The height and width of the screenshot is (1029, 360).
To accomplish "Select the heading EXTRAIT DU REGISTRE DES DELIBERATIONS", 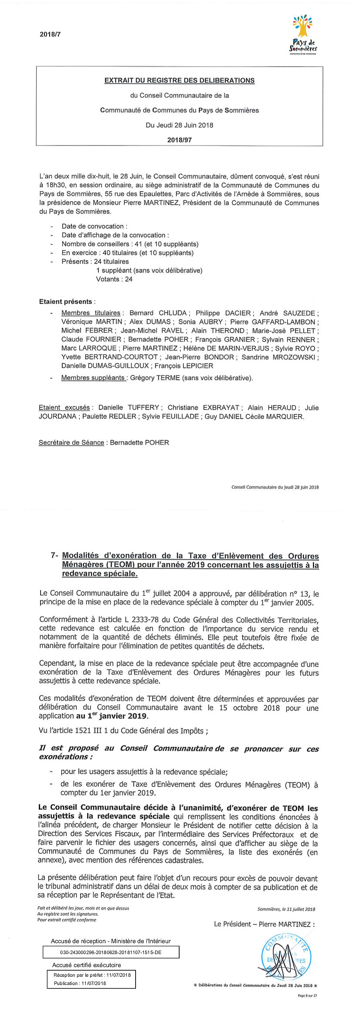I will (x=179, y=81).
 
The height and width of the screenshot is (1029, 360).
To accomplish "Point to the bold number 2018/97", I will (x=179, y=140).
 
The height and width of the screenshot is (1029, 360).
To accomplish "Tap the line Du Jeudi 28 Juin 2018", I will (x=179, y=125).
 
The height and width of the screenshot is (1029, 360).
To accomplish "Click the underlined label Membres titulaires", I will (x=91, y=313).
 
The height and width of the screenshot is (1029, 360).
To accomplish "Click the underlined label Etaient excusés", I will (x=65, y=407).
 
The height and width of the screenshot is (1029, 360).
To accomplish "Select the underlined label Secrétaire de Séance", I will (x=71, y=442).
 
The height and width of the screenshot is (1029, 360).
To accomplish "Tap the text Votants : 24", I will (x=114, y=279).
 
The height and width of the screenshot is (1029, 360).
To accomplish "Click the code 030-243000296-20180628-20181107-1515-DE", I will (x=111, y=952).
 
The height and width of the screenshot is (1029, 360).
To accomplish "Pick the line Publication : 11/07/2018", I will (x=80, y=983).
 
